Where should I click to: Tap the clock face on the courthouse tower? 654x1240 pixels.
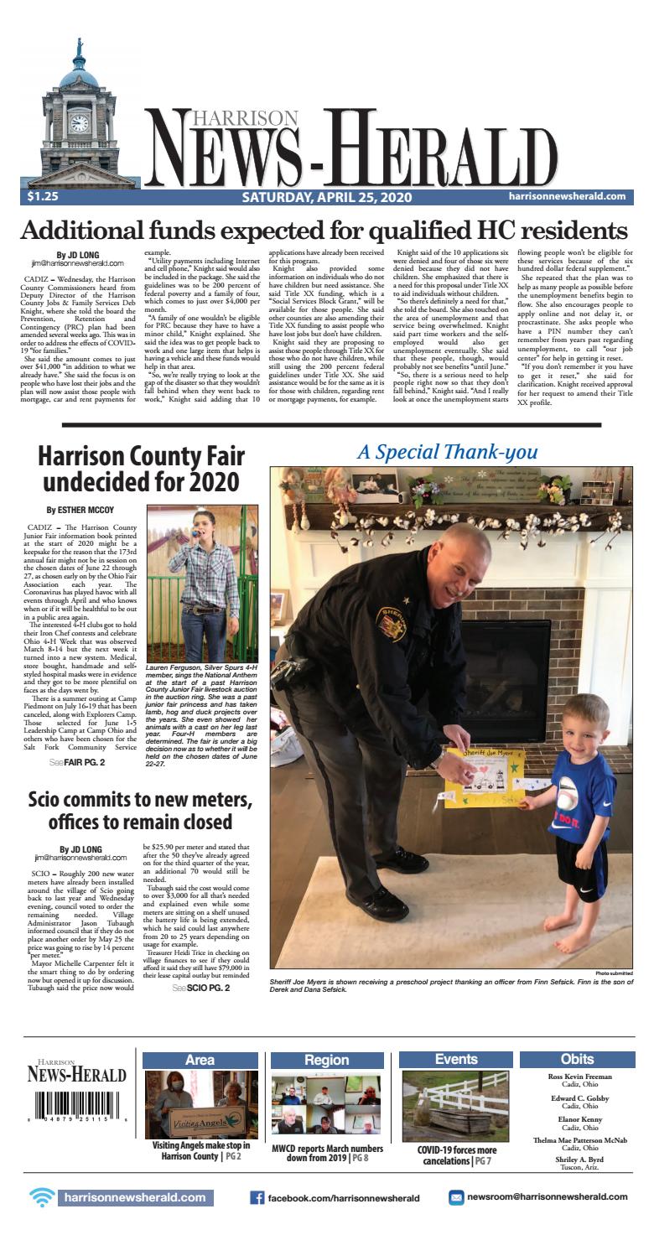point(79,123)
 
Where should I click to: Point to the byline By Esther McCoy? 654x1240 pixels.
point(80,509)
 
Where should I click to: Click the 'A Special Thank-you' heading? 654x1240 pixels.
point(447,452)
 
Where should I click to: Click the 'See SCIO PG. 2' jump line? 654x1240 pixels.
point(200,988)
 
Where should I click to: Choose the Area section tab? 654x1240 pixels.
point(200,1060)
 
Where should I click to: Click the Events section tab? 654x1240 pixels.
point(457,1060)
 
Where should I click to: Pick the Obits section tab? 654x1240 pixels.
point(578,1060)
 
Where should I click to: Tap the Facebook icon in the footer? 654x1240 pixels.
point(258,1197)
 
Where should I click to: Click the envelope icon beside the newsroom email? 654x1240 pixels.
point(456,1197)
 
